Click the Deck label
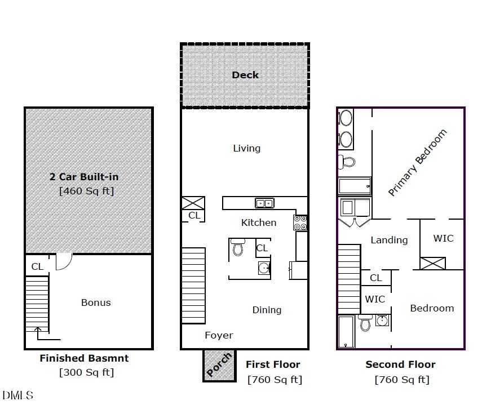(x=245, y=75)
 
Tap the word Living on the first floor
(x=247, y=148)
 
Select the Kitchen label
(x=259, y=222)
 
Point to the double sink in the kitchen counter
(x=264, y=203)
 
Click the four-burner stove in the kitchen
(x=300, y=222)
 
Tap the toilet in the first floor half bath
(x=237, y=247)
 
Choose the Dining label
(x=267, y=310)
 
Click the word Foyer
(x=219, y=335)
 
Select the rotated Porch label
(x=219, y=364)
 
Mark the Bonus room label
(x=96, y=302)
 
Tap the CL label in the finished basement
(x=37, y=266)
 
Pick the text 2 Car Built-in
(x=83, y=177)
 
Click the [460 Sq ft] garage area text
(x=86, y=191)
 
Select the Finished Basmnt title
(x=84, y=358)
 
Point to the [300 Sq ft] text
(x=86, y=372)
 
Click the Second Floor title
(x=400, y=364)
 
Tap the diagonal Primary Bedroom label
(x=418, y=163)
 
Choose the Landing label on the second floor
(x=389, y=240)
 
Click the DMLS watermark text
(x=18, y=395)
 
